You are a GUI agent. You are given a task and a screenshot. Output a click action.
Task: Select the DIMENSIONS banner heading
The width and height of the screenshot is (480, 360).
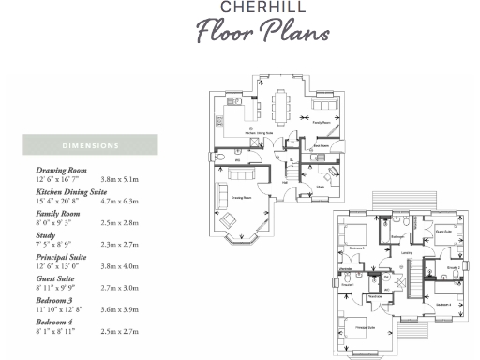tap(90, 146)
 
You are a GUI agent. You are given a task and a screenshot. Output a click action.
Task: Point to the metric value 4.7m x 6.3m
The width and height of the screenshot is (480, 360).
tap(119, 199)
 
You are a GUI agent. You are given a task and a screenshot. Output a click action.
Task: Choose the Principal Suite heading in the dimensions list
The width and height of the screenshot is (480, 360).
tap(61, 257)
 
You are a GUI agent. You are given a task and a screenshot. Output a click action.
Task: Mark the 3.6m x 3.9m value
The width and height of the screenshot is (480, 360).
tap(119, 308)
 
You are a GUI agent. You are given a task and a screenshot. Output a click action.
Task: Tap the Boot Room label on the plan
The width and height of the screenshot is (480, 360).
tap(322, 146)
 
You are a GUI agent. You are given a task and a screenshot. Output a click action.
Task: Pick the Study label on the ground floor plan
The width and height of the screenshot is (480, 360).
tap(321, 187)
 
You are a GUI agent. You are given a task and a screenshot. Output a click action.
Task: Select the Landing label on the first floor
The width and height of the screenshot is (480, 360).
tap(405, 253)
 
